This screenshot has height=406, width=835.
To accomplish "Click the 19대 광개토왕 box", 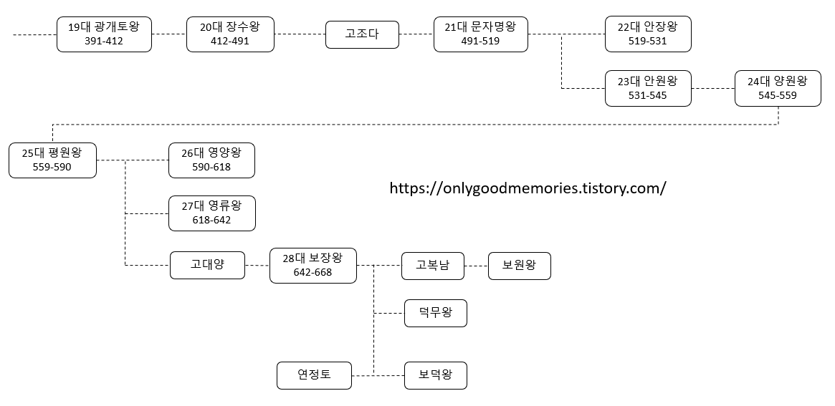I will click(x=104, y=34).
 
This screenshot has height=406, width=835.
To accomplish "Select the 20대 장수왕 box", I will click(x=230, y=34).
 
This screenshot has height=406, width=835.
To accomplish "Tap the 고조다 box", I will click(x=362, y=34).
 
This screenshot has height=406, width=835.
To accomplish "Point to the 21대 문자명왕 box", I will click(x=480, y=34).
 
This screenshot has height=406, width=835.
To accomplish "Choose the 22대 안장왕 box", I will click(x=647, y=34).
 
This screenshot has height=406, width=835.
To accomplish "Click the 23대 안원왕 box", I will click(x=647, y=88).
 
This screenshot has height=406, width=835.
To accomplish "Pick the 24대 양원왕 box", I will click(x=777, y=88).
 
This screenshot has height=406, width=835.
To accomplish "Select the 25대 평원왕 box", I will click(x=52, y=160).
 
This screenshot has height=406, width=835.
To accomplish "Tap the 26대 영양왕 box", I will click(x=211, y=160).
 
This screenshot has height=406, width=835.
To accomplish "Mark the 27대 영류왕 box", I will click(x=211, y=213).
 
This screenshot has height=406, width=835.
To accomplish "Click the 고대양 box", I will click(x=207, y=265).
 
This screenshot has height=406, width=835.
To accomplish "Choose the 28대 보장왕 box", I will click(x=312, y=265).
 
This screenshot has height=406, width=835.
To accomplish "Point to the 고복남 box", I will click(x=433, y=265).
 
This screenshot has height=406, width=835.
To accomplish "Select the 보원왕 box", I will click(x=519, y=265).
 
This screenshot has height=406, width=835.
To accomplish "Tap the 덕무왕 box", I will click(x=435, y=313).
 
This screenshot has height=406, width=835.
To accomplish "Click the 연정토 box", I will click(x=314, y=374).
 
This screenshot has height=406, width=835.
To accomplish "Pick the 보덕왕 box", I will click(x=435, y=374).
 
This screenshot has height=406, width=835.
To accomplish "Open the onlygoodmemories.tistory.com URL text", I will click(x=528, y=188).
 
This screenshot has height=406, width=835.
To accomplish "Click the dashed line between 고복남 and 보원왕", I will click(x=476, y=266).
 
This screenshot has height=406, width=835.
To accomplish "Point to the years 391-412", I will click(x=104, y=41).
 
